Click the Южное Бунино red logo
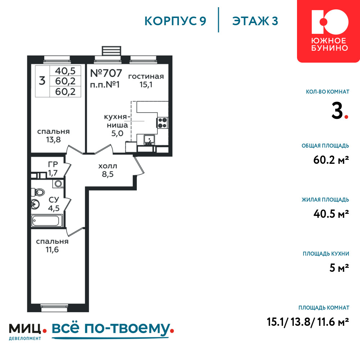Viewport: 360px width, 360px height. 329,31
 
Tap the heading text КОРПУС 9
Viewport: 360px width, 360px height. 175,21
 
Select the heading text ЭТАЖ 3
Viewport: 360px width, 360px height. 255,21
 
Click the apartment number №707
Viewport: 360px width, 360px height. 106,73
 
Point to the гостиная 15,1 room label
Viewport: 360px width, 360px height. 146,80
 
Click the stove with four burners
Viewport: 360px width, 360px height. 163,123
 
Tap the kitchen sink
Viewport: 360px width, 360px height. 149,140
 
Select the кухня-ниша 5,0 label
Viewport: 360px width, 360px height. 117,125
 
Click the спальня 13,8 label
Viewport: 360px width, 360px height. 53,135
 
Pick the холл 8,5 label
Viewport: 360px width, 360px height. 108,170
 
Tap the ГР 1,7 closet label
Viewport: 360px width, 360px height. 53,168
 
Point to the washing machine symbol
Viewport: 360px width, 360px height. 58,184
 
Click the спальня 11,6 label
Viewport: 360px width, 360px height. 52,246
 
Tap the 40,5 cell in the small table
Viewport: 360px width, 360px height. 65,71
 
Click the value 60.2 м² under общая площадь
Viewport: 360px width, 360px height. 331,160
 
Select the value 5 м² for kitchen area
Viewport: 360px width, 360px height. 339,268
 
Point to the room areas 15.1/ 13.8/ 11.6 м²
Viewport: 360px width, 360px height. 308,322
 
